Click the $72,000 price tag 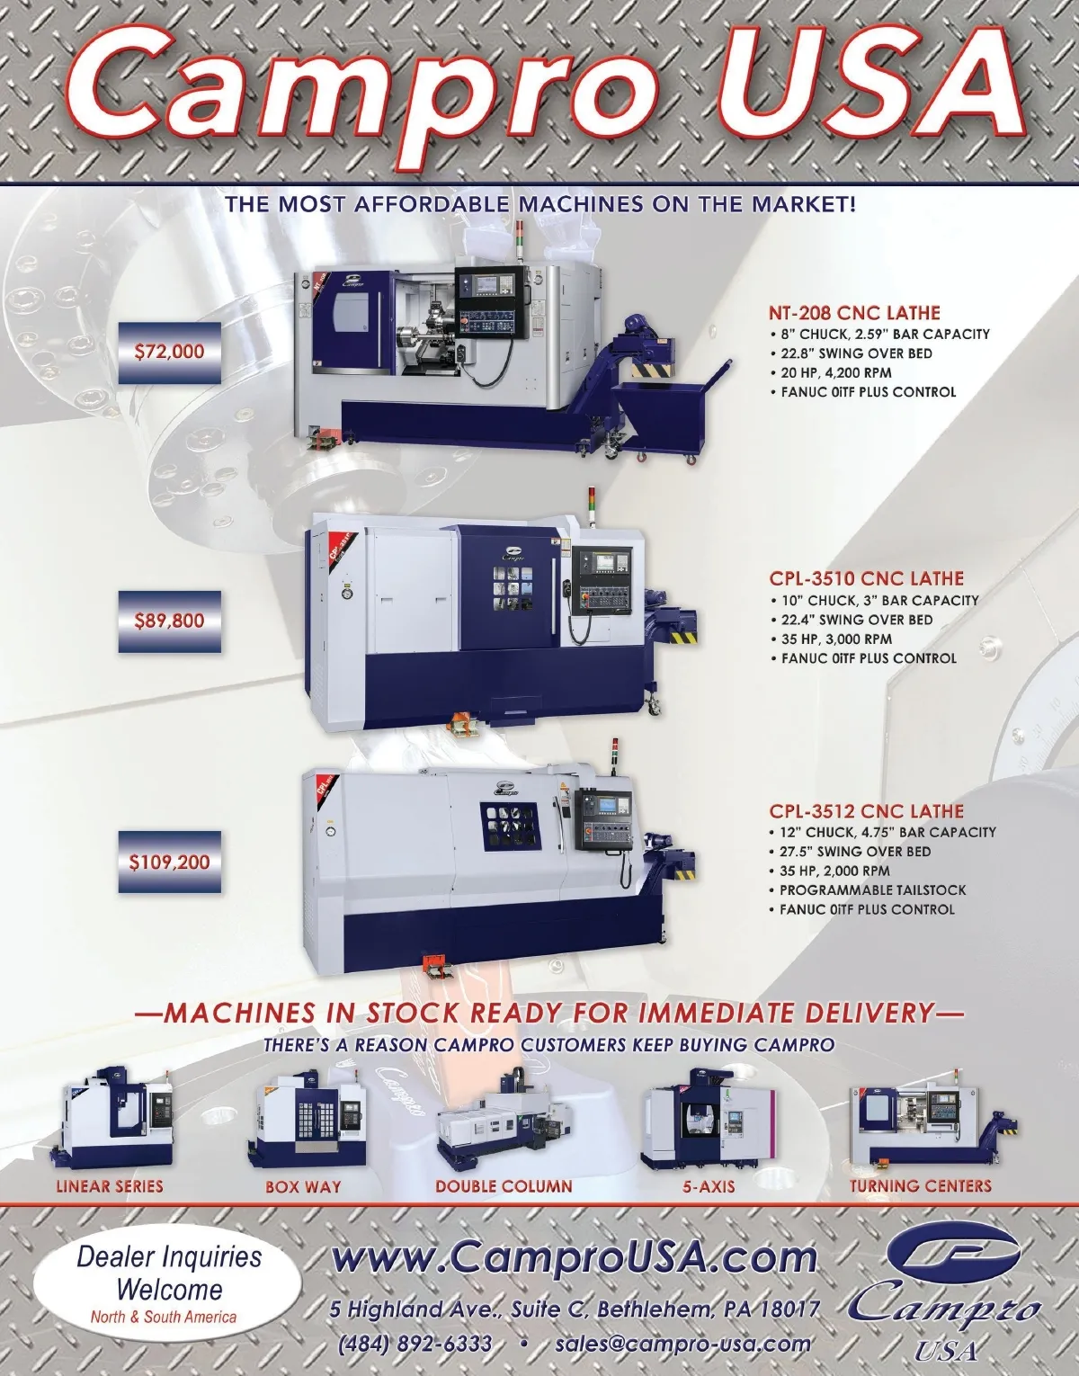(170, 352)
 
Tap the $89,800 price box (170, 621)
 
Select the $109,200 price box (170, 862)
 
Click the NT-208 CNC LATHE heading (854, 313)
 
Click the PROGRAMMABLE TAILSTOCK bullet (868, 889)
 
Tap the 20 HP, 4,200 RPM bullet (831, 373)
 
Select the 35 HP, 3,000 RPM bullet (832, 639)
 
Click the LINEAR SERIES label (110, 1186)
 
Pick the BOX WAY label (303, 1186)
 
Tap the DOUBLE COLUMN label (504, 1186)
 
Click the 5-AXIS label (709, 1186)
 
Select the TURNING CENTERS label (920, 1186)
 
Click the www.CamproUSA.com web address (574, 1257)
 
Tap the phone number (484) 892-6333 (415, 1344)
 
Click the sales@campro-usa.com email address (682, 1344)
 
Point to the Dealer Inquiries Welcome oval (168, 1282)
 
